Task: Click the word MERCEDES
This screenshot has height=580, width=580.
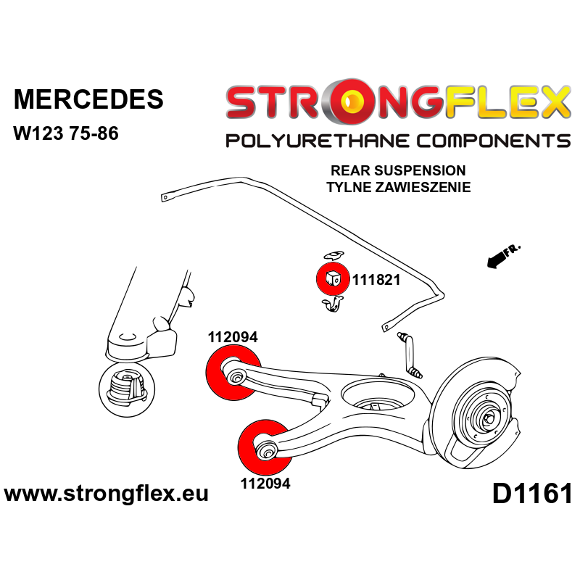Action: pyautogui.click(x=89, y=99)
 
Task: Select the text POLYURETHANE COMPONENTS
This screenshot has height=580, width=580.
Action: pyautogui.click(x=397, y=140)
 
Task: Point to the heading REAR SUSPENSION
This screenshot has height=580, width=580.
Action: pyautogui.click(x=398, y=171)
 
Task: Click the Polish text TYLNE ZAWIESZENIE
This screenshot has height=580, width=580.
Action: pyautogui.click(x=398, y=187)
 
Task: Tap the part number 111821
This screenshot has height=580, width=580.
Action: pyautogui.click(x=376, y=280)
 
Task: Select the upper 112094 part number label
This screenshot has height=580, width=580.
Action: pyautogui.click(x=233, y=337)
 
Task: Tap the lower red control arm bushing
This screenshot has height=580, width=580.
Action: pyautogui.click(x=265, y=447)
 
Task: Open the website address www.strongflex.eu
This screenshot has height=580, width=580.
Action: pyautogui.click(x=107, y=494)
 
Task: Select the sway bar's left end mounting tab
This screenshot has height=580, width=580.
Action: pyautogui.click(x=167, y=195)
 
